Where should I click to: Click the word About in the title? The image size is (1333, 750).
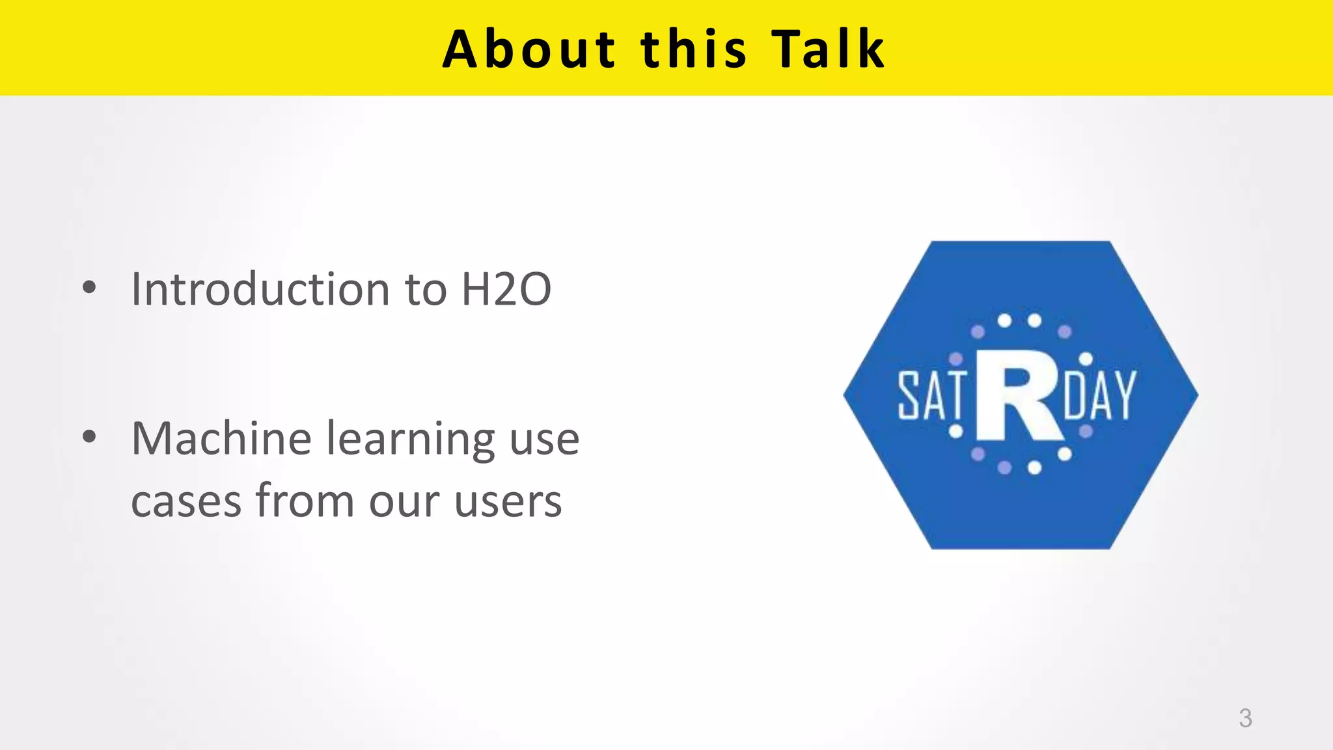point(529,49)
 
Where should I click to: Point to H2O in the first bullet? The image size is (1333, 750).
point(506,289)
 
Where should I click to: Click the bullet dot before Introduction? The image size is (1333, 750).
point(90,288)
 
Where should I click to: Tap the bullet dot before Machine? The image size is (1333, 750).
point(90,437)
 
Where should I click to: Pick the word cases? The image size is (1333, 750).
point(186,502)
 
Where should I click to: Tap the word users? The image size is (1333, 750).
point(508,502)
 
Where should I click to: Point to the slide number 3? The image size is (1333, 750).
point(1245,718)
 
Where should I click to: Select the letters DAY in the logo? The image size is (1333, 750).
point(1099,395)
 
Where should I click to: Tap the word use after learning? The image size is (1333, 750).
point(544,440)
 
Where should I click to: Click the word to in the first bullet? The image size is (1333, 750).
point(426,290)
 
